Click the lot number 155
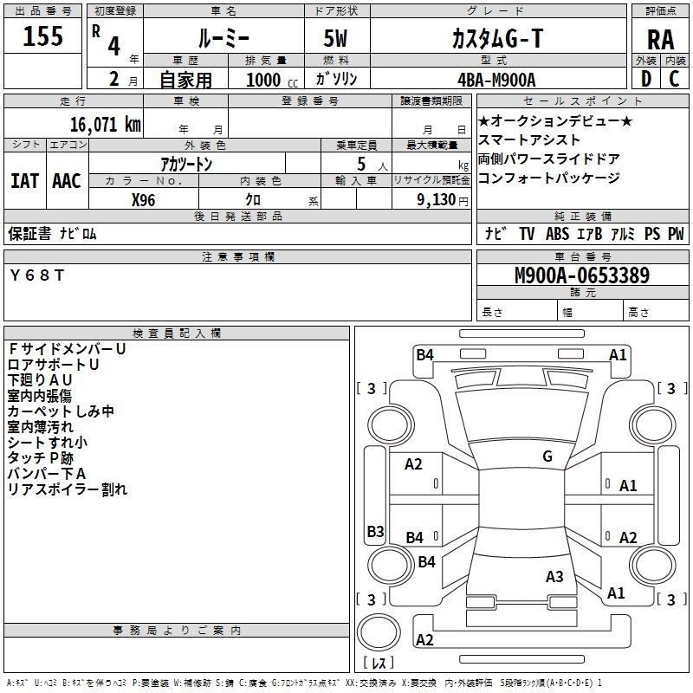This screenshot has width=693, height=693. point(43,36)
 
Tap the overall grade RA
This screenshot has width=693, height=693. point(659,39)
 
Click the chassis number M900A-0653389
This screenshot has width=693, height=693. point(582,275)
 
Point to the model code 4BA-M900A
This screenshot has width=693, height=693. point(496,79)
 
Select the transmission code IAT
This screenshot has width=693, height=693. point(24,181)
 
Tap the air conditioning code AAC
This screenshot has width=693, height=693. point(66,181)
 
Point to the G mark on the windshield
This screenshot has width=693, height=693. point(547,457)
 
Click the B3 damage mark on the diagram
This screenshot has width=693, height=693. point(375,531)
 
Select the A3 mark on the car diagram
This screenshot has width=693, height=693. point(555,576)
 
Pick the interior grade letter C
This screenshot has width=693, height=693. point(674,79)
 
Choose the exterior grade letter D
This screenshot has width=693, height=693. point(645,79)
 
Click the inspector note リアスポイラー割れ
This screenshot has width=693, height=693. point(68,489)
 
